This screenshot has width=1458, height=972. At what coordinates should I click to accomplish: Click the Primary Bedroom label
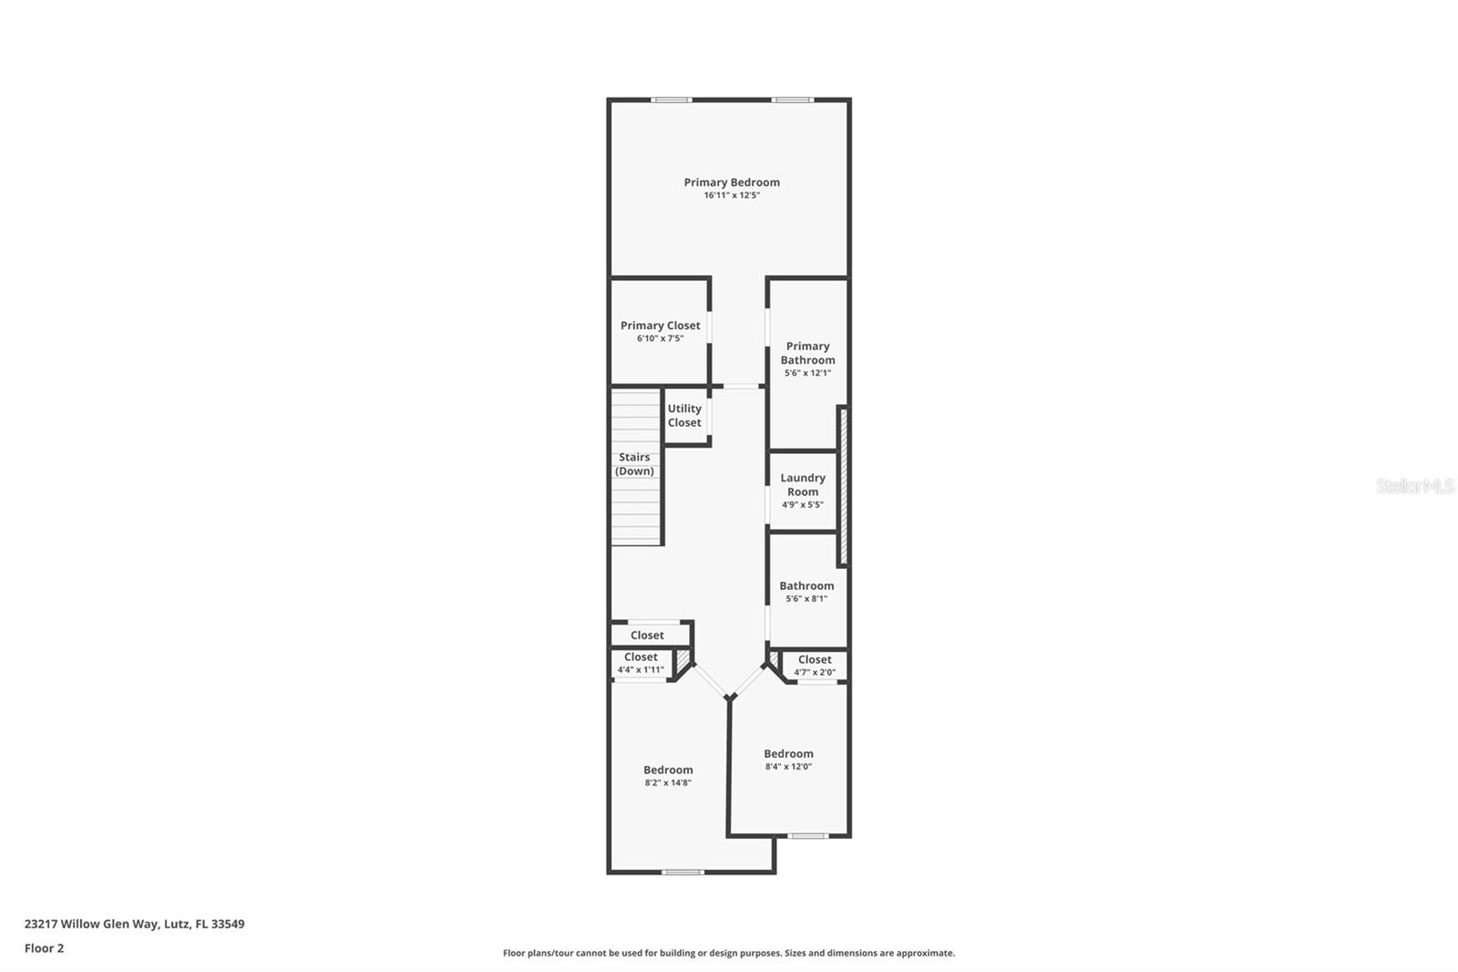coord(732,182)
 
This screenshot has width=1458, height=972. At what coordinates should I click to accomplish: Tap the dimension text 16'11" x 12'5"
coord(732,195)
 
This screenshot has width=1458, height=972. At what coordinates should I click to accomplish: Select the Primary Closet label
coord(660,326)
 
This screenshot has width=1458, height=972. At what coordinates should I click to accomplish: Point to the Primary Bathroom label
coord(807,353)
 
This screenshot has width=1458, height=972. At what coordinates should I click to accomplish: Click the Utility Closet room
coord(684,416)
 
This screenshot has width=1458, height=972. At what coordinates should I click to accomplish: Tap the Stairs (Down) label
coord(634,464)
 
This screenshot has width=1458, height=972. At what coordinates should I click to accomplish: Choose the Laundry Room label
coord(803,484)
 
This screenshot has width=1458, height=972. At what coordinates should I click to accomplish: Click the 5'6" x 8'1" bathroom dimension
coord(806,599)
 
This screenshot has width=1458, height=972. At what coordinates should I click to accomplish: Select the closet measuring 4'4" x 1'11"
coord(641,663)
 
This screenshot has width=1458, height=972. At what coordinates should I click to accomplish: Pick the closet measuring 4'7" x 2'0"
coord(814,666)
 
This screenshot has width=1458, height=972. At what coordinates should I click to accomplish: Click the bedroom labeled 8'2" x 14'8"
coord(668,776)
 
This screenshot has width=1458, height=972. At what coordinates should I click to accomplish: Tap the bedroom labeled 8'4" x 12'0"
coord(788,760)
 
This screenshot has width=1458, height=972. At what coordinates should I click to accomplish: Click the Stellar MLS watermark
coord(1415,486)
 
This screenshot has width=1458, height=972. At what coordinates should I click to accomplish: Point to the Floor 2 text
coord(44,948)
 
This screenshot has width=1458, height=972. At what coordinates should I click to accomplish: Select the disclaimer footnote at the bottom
coord(729,953)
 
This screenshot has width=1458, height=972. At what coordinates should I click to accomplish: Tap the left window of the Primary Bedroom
coord(672,99)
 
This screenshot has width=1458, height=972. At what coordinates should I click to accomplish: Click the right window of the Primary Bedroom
coord(792,99)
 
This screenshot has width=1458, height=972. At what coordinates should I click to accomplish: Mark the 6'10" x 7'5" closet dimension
coord(660,338)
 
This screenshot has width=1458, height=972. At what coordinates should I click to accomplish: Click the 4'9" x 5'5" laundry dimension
coord(803,504)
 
